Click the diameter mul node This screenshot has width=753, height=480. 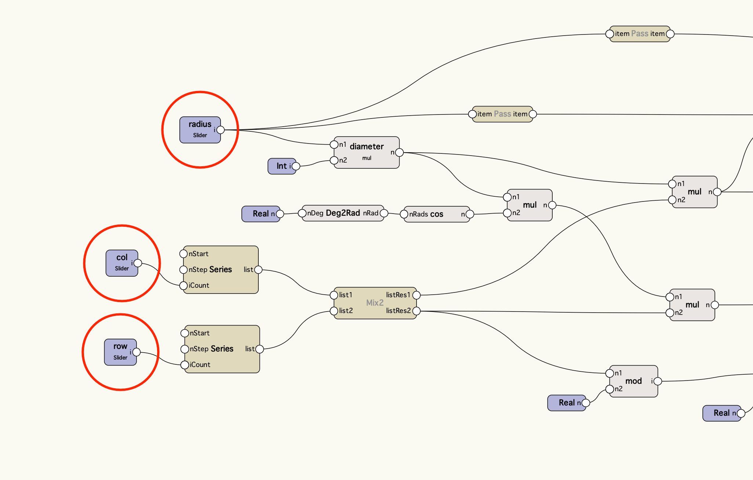(x=367, y=152)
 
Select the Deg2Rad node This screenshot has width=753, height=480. (x=343, y=213)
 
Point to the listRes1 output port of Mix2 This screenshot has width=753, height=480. (x=416, y=295)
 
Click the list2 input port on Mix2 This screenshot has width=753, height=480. (x=334, y=311)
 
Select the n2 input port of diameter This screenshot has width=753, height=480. (x=334, y=160)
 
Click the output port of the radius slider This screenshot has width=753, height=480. (x=221, y=130)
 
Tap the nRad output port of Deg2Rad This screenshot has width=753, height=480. (x=384, y=213)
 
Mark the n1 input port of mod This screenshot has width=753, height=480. (x=610, y=373)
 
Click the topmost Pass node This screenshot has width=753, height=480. (x=640, y=34)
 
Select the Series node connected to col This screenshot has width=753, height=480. (x=221, y=270)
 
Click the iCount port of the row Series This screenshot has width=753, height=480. (x=185, y=365)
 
